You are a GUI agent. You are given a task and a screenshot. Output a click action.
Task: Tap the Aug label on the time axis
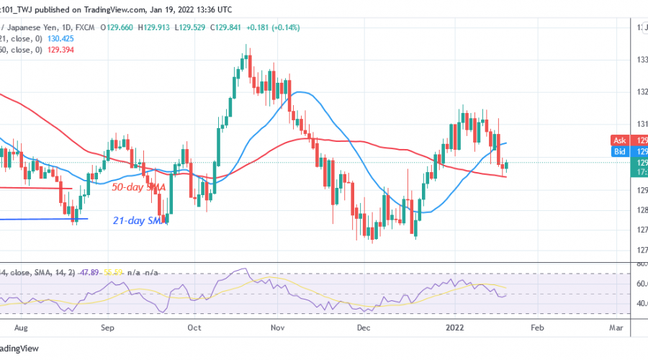coord(19,326)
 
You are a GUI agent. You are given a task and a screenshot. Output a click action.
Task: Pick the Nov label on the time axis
coord(279,326)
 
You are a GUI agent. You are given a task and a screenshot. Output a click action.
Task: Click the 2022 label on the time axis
coord(455,326)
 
